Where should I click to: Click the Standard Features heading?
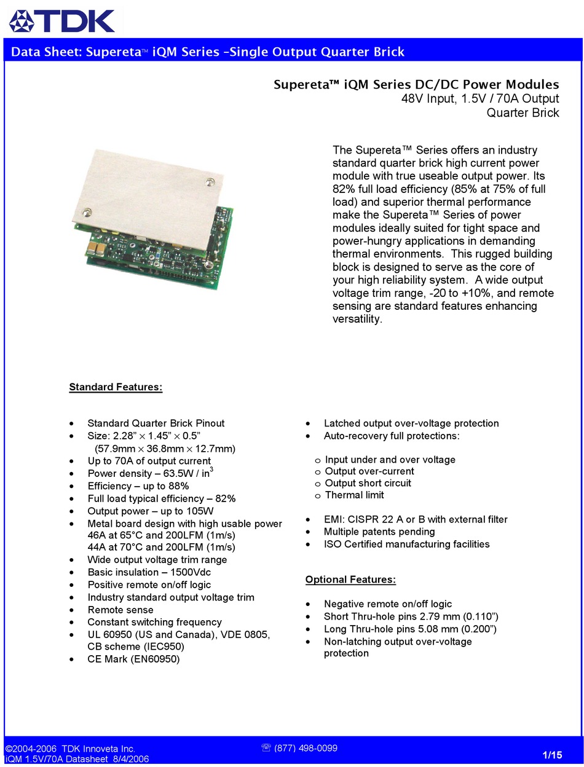click(x=116, y=387)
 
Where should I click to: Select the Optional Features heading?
click(x=350, y=580)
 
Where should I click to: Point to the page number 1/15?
click(x=553, y=755)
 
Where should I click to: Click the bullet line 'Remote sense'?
click(x=120, y=610)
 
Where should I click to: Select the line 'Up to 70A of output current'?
click(x=149, y=461)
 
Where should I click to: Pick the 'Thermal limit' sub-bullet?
click(x=354, y=495)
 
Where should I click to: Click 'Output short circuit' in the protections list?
click(x=368, y=483)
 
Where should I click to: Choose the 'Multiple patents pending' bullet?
click(x=379, y=532)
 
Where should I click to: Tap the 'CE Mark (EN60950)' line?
click(x=133, y=659)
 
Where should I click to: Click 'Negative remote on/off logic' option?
click(x=387, y=604)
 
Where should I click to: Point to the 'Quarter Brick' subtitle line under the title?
click(x=523, y=112)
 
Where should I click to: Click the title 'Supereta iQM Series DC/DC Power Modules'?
click(x=416, y=85)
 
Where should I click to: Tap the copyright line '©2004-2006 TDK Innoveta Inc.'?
click(x=70, y=749)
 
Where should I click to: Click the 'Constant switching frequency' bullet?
click(x=154, y=622)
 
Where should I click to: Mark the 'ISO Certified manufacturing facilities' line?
click(x=406, y=544)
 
